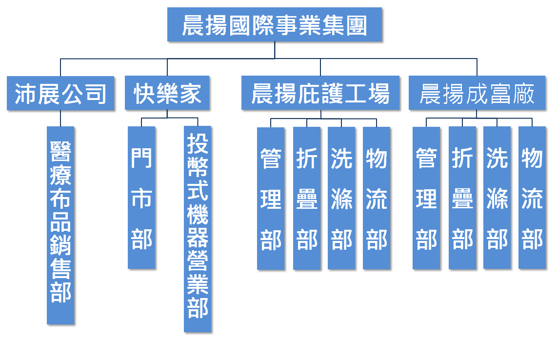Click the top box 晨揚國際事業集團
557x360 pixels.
coord(275,25)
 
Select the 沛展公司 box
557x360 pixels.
coord(60,93)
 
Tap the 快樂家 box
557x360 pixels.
coord(167,93)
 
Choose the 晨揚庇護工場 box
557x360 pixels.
coord(320,93)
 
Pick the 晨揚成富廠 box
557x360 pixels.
coord(477,93)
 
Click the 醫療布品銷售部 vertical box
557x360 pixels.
coord(60,225)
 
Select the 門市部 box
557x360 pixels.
coord(141,198)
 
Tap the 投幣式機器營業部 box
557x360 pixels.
coord(198,229)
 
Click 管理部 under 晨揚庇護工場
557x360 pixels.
coord(271,198)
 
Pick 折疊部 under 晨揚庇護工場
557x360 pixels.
coord(307,198)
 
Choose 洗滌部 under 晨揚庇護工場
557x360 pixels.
coord(341,198)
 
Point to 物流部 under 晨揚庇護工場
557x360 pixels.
coord(377,198)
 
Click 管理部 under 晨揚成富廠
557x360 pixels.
coord(426,198)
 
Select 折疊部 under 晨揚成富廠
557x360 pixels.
coord(462,198)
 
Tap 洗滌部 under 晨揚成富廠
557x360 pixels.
coord(497,198)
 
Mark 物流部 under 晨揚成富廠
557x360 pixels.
coord(532,198)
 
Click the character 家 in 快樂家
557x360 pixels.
coord(190,93)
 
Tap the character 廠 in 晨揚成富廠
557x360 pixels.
coord(523,93)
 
